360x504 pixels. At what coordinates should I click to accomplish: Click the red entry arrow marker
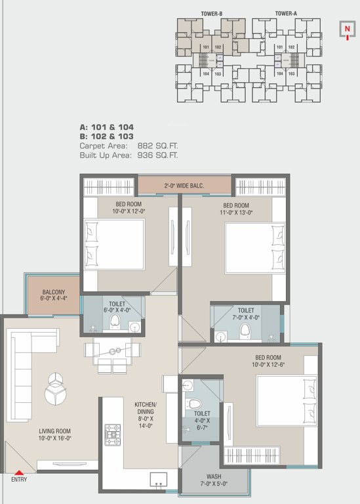coord(19,471)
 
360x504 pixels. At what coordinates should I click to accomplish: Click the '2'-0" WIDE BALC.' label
coord(184,186)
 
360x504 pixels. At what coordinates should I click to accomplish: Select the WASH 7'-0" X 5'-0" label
coord(214,479)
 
